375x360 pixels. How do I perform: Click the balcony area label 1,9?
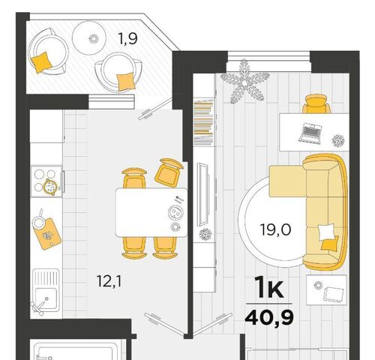pos(127,39)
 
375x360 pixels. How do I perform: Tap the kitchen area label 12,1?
pos(109,281)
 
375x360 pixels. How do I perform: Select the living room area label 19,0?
pos(275,229)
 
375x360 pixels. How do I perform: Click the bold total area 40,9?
pos(269,318)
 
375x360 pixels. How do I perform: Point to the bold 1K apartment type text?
pos(269,289)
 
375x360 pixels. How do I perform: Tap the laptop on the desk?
pos(310,133)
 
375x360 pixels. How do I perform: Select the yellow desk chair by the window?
pos(316,104)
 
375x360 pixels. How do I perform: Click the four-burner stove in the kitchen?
pos(46,181)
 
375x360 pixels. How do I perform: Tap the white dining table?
pos(151,212)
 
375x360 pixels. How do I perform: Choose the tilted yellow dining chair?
pos(169,172)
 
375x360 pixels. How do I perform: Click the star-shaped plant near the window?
pos(244,82)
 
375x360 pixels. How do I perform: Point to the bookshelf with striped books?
pos(204,122)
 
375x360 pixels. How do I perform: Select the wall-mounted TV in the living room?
pos(202,194)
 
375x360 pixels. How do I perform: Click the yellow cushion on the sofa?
pos(330,243)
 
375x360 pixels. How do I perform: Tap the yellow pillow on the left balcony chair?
pos(40,62)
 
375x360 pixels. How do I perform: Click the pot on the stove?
pos(50,186)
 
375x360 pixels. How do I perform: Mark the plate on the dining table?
pos(175,213)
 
